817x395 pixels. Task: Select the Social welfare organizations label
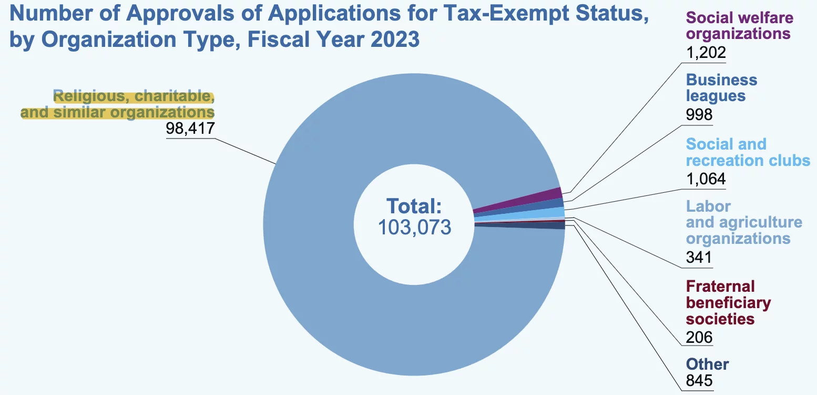point(739,26)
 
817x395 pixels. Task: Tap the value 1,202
point(706,52)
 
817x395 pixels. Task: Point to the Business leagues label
point(721,88)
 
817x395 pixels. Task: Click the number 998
point(699,114)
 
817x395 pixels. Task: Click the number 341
point(699,257)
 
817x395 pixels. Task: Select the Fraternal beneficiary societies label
point(728,302)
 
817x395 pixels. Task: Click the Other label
point(707,364)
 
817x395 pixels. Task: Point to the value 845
point(699,380)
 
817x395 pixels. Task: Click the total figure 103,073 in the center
point(414,227)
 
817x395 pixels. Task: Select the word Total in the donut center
point(414,206)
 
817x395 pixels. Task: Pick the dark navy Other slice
point(552,225)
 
